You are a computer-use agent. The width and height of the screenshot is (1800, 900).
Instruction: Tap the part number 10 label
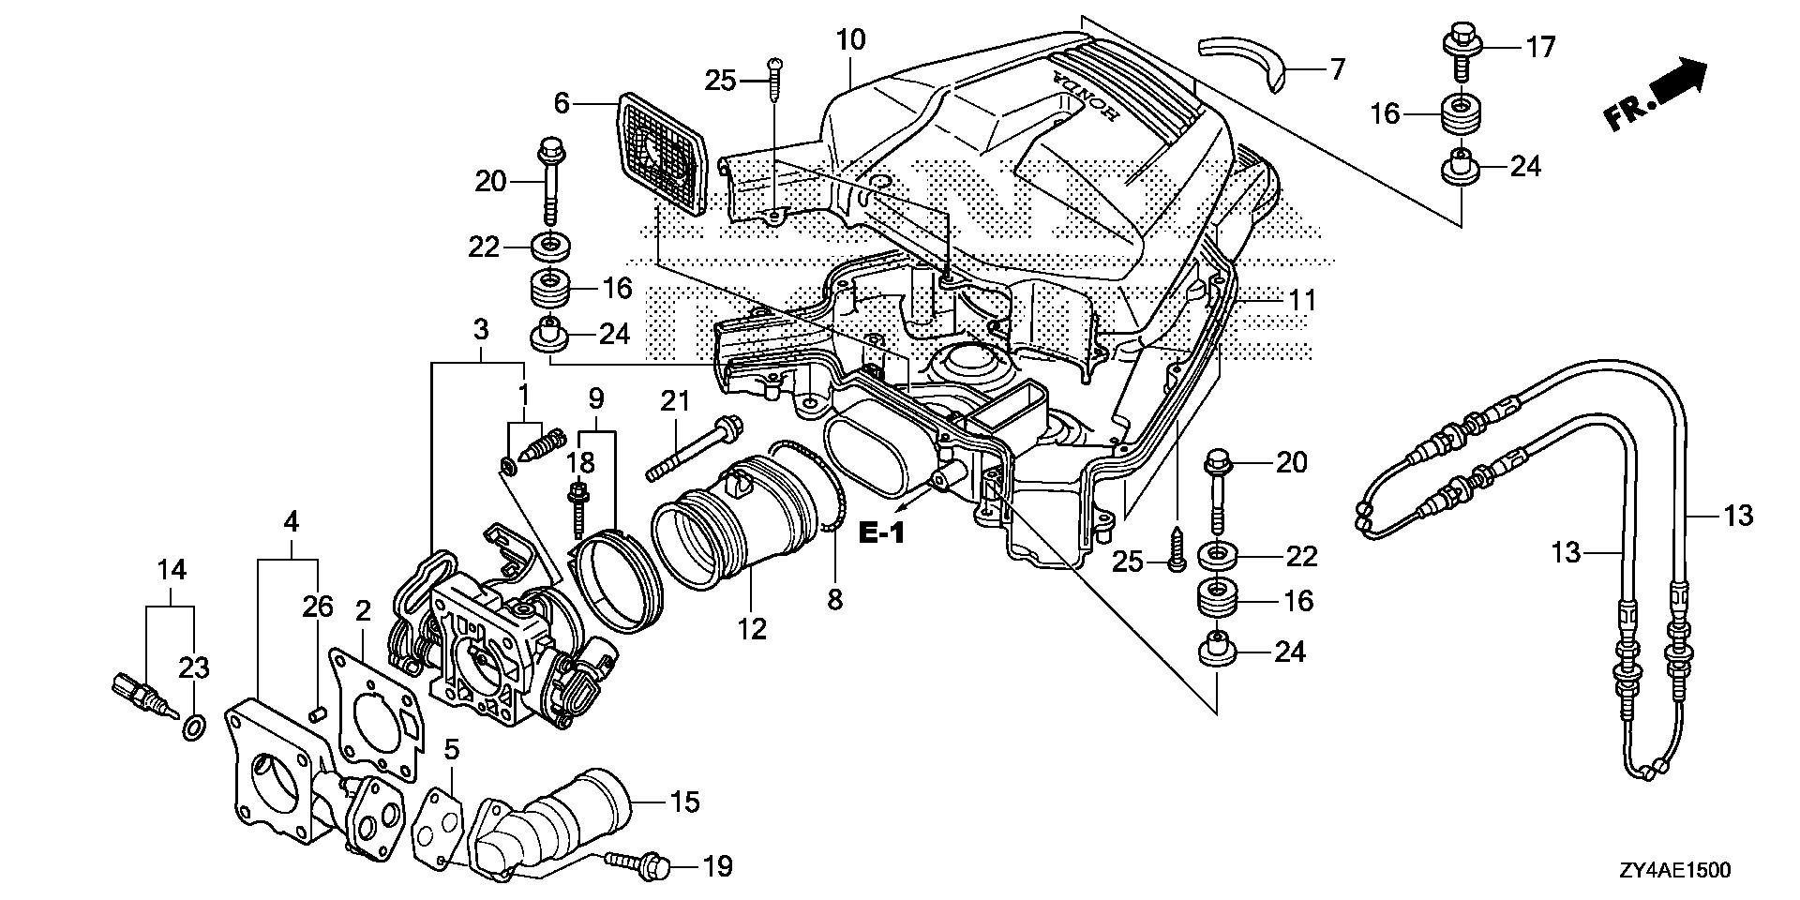point(851,40)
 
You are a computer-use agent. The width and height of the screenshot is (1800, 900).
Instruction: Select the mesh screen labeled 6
point(662,151)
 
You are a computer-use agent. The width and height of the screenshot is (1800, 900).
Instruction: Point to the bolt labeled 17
point(1455,46)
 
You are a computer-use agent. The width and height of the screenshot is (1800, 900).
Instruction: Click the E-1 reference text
point(882,534)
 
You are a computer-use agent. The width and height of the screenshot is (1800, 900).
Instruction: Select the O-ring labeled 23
point(192,727)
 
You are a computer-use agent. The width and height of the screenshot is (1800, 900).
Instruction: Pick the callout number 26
point(318,607)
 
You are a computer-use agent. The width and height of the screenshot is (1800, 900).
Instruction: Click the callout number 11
point(1302,301)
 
